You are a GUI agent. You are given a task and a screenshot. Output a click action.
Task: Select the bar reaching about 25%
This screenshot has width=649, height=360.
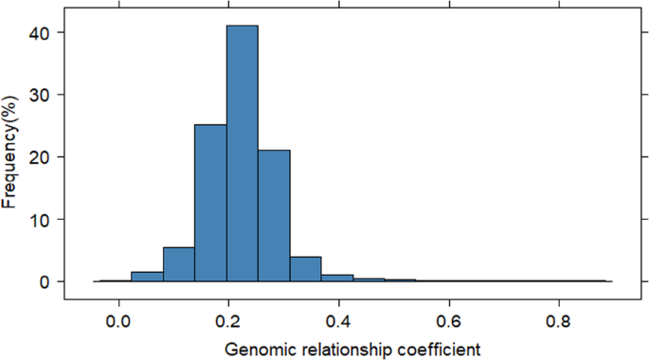210,203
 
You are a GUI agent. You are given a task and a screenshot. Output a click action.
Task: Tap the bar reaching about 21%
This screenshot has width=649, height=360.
274,216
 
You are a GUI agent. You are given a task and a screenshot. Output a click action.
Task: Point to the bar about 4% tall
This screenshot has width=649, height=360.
306,269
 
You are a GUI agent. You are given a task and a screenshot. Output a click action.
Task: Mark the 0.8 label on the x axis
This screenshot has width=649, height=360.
559,320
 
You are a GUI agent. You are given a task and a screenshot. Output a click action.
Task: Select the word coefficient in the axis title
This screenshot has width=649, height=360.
443,350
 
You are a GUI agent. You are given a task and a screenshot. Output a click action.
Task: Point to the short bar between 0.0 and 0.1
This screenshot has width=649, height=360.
147,278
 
